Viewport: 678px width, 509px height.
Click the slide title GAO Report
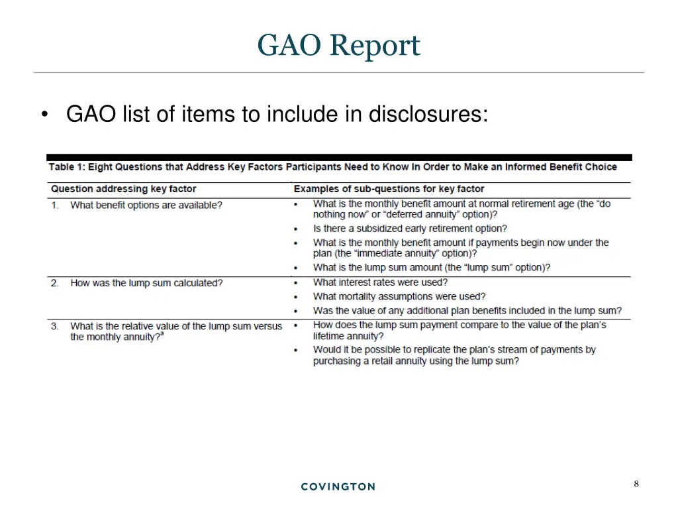click(x=338, y=46)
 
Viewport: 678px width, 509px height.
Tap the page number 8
click(x=636, y=484)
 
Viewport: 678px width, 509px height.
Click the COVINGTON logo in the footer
click(x=338, y=486)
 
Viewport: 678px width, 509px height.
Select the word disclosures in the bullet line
click(x=428, y=115)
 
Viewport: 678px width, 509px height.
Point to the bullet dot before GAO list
click(x=44, y=115)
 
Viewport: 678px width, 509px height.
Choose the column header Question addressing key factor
click(x=124, y=189)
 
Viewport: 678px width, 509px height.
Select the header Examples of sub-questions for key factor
click(x=389, y=189)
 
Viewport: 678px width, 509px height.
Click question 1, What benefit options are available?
click(x=146, y=205)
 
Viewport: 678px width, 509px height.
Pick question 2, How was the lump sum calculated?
click(x=146, y=283)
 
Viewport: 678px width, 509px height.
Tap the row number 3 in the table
click(x=55, y=326)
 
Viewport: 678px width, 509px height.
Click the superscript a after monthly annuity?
click(x=162, y=335)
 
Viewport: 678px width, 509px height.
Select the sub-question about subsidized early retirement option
click(x=410, y=229)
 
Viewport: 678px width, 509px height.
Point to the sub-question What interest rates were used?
click(x=380, y=282)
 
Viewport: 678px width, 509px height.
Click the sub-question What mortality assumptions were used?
click(x=399, y=296)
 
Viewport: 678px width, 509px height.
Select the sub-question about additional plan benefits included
click(x=467, y=310)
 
